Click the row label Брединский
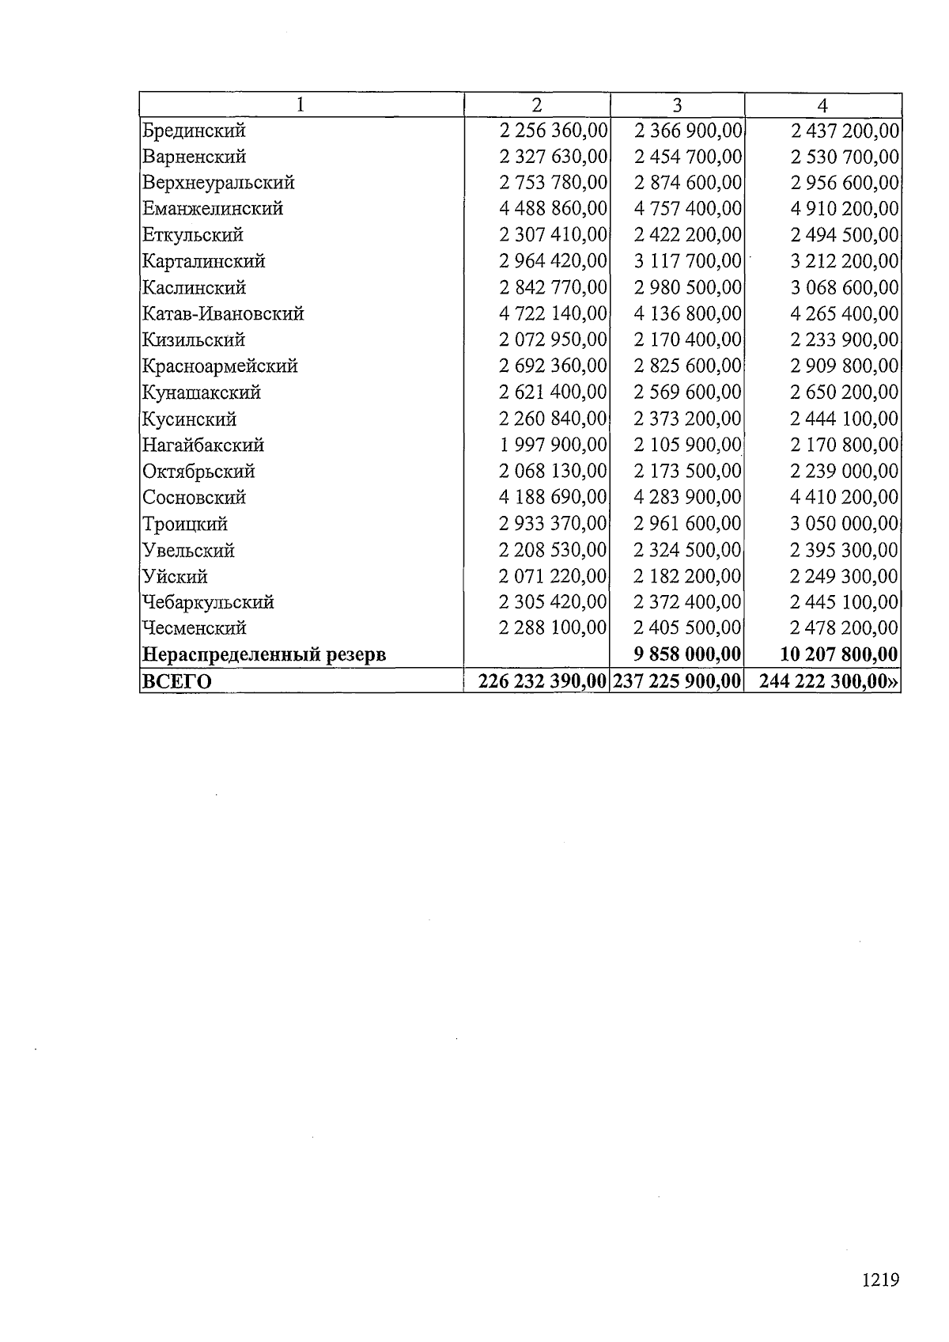pyautogui.click(x=194, y=131)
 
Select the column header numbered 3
pyautogui.click(x=677, y=105)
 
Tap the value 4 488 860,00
pyautogui.click(x=553, y=209)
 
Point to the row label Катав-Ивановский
pyautogui.click(x=223, y=314)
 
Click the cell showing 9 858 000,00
pyautogui.click(x=688, y=654)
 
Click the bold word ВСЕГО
pyautogui.click(x=177, y=681)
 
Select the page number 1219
pyautogui.click(x=880, y=1279)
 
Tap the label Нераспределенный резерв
pyautogui.click(x=264, y=655)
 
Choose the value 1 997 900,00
pyautogui.click(x=553, y=445)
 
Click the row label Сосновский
pyautogui.click(x=194, y=498)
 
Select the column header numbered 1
pyautogui.click(x=301, y=105)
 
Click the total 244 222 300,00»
pyautogui.click(x=830, y=681)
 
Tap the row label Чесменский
pyautogui.click(x=195, y=628)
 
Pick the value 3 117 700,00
pyautogui.click(x=688, y=261)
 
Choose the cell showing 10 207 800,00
pyautogui.click(x=839, y=654)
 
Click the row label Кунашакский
pyautogui.click(x=201, y=392)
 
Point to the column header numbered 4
pyautogui.click(x=822, y=105)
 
